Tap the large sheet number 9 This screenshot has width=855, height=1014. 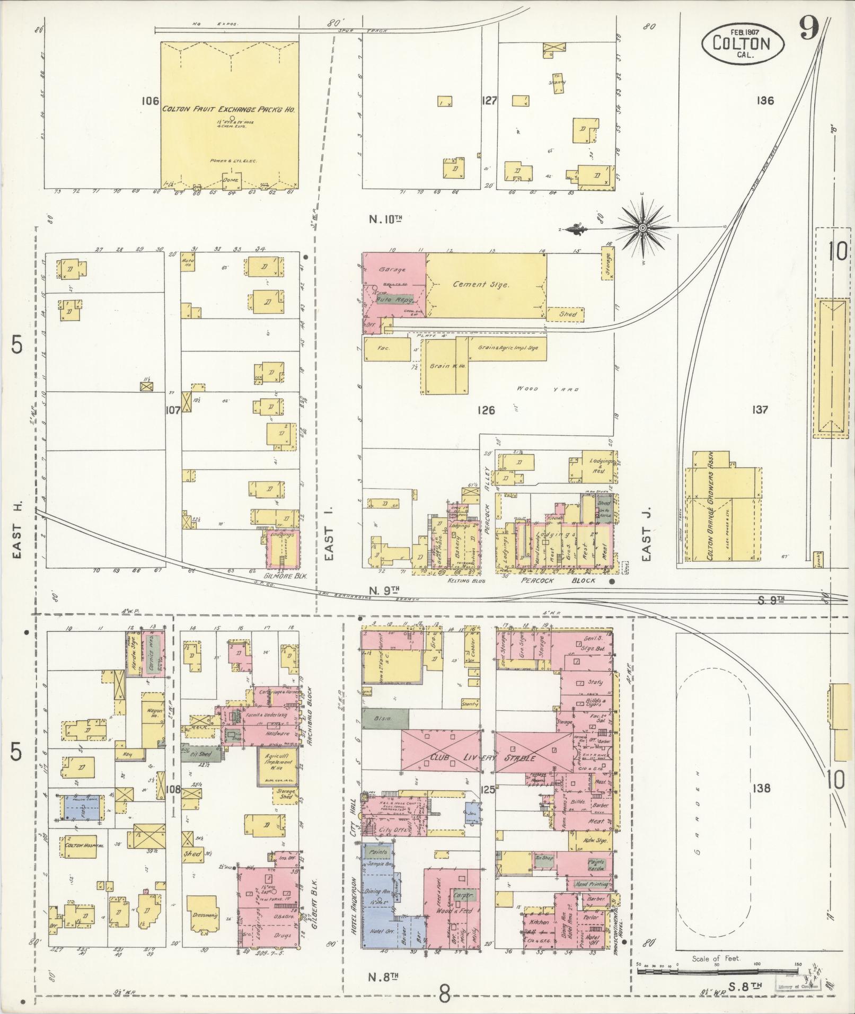pos(809,28)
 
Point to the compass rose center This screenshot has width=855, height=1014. pos(642,228)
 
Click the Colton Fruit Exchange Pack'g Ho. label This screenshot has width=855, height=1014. pos(228,109)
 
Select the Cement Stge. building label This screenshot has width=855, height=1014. pos(481,285)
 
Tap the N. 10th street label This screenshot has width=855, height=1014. pos(387,218)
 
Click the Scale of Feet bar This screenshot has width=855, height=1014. pos(718,972)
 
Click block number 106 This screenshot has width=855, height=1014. pos(151,101)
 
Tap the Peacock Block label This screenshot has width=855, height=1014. pos(558,580)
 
